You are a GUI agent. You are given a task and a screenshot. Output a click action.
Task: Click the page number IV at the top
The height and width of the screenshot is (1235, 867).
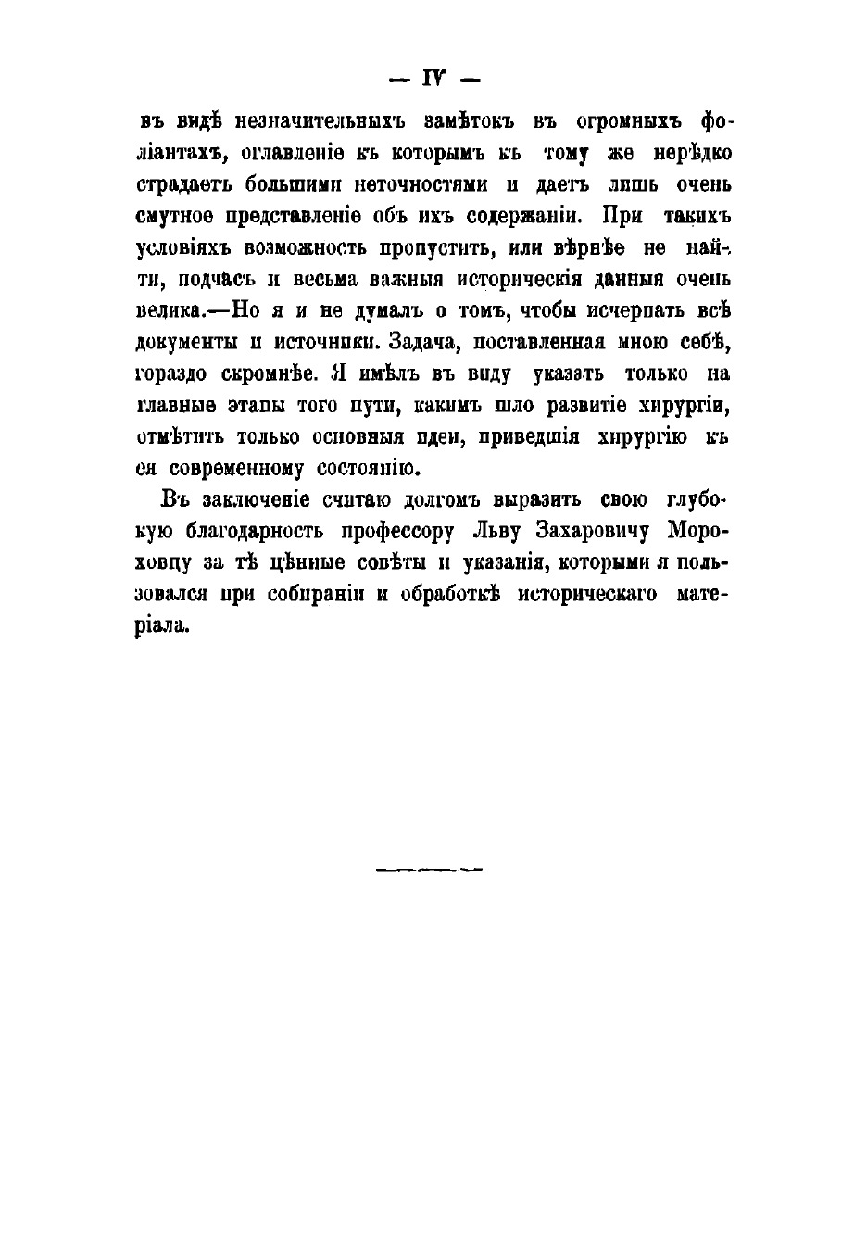click(x=433, y=80)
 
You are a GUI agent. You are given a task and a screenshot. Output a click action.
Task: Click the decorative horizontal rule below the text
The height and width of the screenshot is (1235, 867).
click(x=431, y=870)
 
